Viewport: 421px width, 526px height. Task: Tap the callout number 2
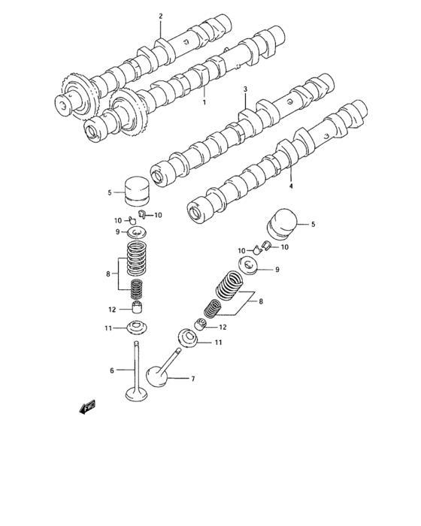point(159,17)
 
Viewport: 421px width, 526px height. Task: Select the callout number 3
point(245,89)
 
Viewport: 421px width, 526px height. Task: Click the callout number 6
point(111,370)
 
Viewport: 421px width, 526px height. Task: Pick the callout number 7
point(193,379)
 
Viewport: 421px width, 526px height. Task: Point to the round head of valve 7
point(156,375)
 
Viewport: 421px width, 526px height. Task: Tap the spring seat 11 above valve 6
point(136,328)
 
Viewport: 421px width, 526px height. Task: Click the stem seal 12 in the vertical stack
point(136,308)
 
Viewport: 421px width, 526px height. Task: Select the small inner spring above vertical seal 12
point(136,289)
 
